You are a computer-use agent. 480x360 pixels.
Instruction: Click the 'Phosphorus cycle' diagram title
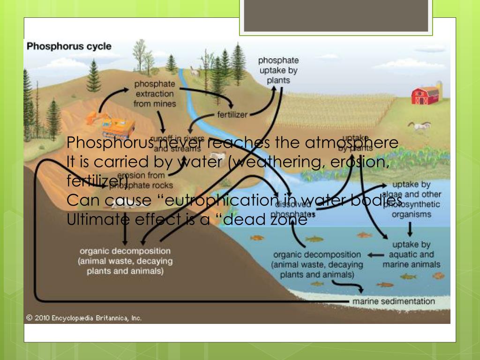(69, 46)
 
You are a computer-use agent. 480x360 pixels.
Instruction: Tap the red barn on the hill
(425, 95)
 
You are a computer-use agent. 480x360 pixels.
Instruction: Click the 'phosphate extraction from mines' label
(154, 94)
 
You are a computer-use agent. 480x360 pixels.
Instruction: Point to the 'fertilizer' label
(232, 115)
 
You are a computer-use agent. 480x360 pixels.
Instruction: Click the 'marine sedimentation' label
(394, 301)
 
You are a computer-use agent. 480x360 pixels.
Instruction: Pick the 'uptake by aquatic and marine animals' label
(411, 255)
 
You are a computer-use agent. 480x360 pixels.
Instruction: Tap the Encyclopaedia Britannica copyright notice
(83, 318)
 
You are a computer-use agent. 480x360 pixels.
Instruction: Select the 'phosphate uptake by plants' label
(278, 70)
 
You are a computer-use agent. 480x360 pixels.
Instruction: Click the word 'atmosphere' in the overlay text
(360, 142)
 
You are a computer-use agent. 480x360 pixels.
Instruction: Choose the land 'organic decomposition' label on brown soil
(125, 261)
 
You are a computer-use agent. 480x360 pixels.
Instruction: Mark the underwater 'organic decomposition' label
(317, 264)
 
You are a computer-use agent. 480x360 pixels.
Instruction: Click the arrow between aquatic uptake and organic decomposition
(375, 255)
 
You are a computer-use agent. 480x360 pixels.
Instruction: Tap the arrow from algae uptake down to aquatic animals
(410, 228)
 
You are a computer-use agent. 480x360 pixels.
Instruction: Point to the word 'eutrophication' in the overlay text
(220, 200)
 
